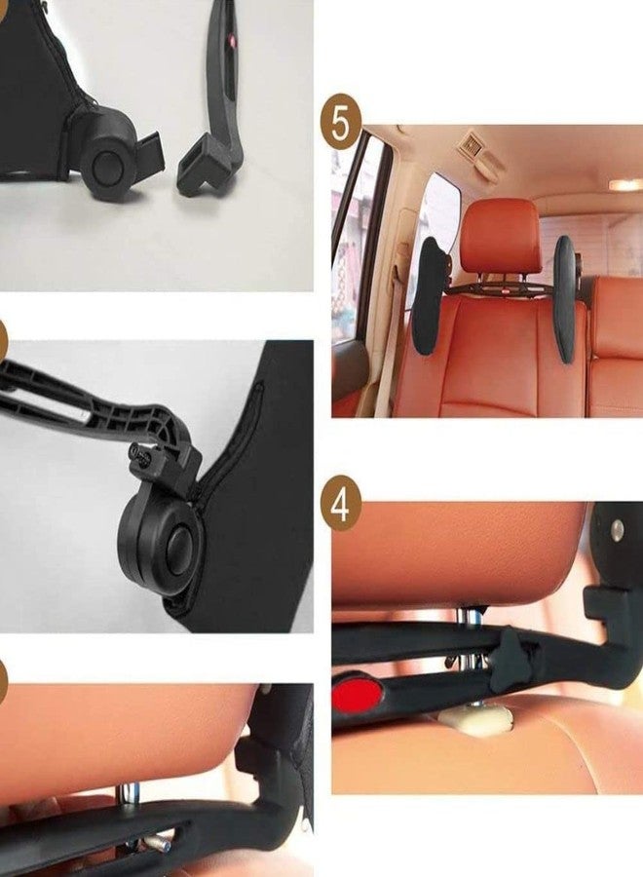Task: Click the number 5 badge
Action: coord(341,124)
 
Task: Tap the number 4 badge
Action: coord(341,506)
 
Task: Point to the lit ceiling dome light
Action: coord(625,184)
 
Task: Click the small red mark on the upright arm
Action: coord(232,41)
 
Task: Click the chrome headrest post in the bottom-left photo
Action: coord(130,795)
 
